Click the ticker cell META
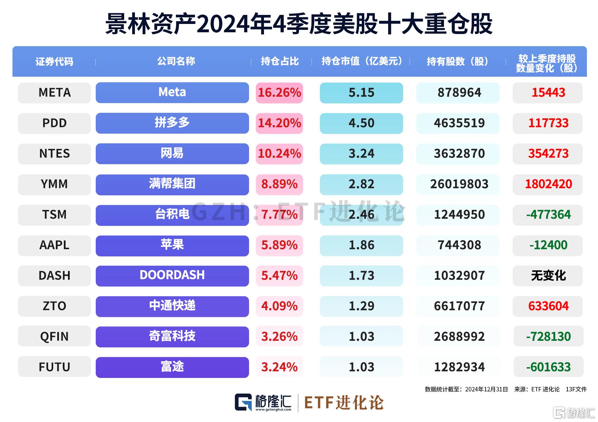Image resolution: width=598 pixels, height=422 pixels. pyautogui.click(x=54, y=93)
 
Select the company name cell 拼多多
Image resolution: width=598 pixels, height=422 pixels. pyautogui.click(x=172, y=123)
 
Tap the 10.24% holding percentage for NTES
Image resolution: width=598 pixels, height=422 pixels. pyautogui.click(x=279, y=153)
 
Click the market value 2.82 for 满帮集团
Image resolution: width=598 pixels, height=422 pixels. pyautogui.click(x=361, y=184)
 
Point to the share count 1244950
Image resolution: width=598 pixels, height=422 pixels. pyautogui.click(x=459, y=214)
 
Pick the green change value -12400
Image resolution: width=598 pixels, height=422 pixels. pyautogui.click(x=548, y=245)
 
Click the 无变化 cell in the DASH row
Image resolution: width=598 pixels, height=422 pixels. pyautogui.click(x=548, y=276)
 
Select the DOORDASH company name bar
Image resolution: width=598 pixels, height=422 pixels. pyautogui.click(x=172, y=275)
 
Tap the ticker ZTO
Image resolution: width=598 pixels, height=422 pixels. pyautogui.click(x=54, y=306)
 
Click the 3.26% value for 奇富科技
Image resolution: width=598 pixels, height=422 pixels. pyautogui.click(x=279, y=336)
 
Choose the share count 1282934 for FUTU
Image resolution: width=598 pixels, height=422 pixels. pyautogui.click(x=459, y=367)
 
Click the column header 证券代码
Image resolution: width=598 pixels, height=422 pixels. pyautogui.click(x=54, y=62)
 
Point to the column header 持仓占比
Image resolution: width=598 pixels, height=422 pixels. pyautogui.click(x=280, y=61)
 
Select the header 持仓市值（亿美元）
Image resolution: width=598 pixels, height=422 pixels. pyautogui.click(x=361, y=61)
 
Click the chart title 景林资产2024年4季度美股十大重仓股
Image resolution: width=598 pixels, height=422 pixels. pyautogui.click(x=299, y=24)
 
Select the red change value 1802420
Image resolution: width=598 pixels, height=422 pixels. pyautogui.click(x=548, y=184)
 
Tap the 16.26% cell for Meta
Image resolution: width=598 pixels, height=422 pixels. pyautogui.click(x=279, y=93)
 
